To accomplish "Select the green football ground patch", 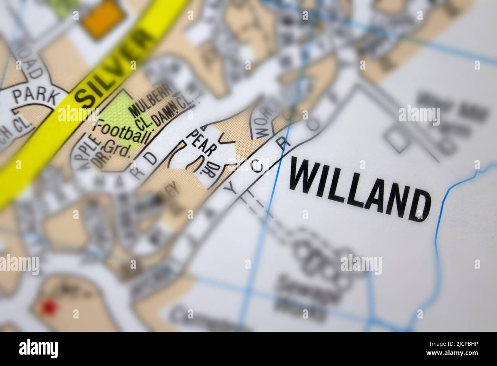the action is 117,115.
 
